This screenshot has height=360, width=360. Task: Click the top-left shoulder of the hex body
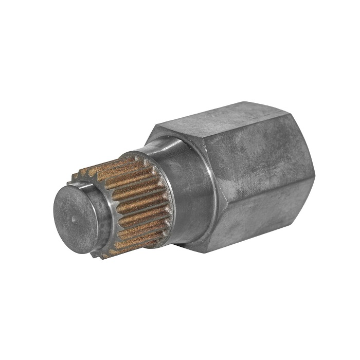tap(154, 129)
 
